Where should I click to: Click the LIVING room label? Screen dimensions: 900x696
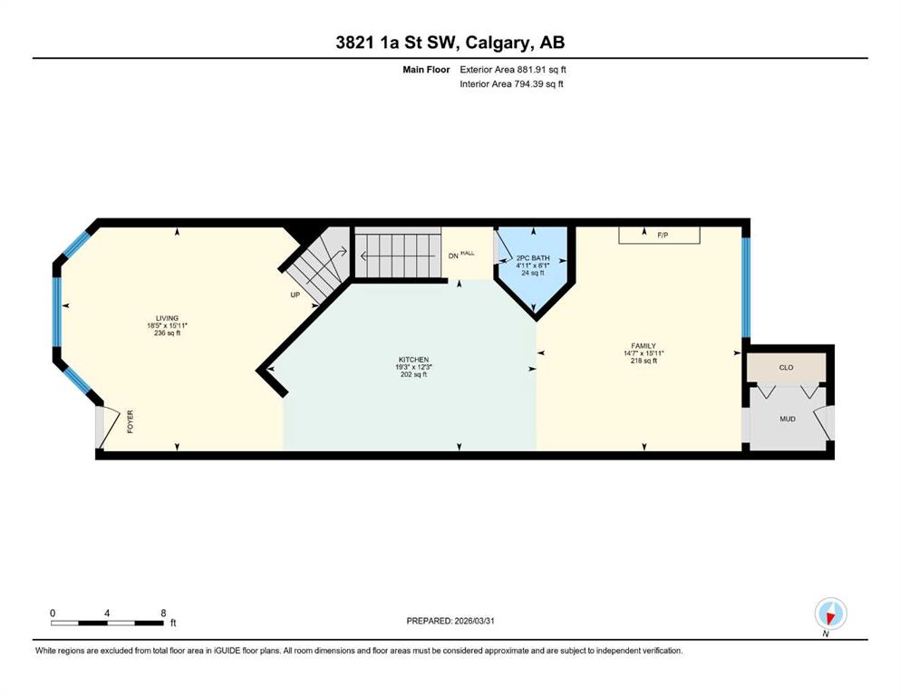tap(167, 318)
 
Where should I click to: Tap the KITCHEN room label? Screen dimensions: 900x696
tap(414, 360)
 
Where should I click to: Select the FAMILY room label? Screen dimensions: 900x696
tap(644, 346)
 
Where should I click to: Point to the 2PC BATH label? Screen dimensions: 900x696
tap(533, 258)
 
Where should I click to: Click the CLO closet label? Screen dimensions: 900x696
tap(787, 367)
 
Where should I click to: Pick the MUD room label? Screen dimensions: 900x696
tap(788, 419)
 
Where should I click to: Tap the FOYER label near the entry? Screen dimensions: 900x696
tap(131, 421)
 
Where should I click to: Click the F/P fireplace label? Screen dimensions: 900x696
tap(663, 236)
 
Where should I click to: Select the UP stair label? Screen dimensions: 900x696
tap(295, 295)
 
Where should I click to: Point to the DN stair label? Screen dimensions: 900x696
tap(453, 256)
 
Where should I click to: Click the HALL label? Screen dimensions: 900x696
tap(468, 253)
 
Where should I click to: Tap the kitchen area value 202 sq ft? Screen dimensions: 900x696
tap(414, 374)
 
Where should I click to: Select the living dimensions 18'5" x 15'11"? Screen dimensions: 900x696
tap(167, 325)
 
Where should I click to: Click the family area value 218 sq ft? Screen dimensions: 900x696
tap(644, 361)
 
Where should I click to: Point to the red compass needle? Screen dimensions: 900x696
tap(830, 617)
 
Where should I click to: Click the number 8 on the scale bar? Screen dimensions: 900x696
tap(163, 613)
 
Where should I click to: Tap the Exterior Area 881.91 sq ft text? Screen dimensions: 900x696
tap(513, 70)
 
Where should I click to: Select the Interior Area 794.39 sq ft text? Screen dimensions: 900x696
tap(511, 83)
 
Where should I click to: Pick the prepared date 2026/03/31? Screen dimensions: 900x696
tap(474, 621)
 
